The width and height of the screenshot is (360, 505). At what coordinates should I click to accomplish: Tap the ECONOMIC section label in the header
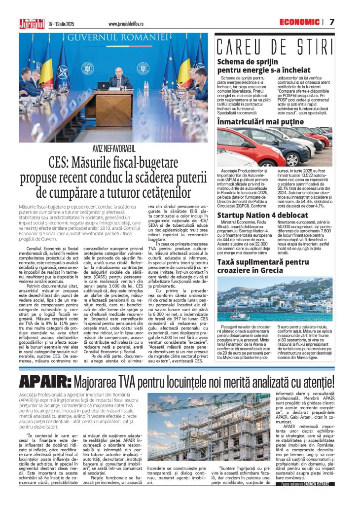click(x=299, y=22)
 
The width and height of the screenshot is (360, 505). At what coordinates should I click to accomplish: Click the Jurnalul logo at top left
click(x=31, y=23)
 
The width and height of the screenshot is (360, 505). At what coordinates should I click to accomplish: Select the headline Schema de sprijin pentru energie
click(x=264, y=67)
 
